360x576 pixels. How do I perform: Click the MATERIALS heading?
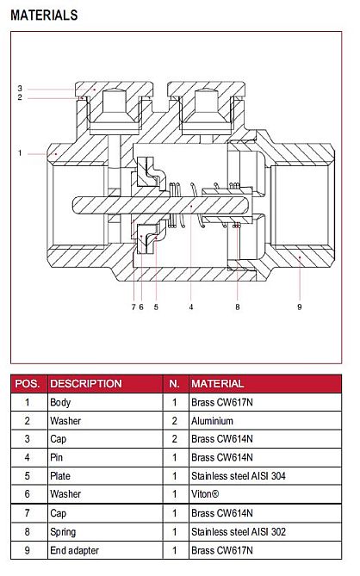click(44, 15)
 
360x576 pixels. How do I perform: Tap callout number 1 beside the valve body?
click(20, 153)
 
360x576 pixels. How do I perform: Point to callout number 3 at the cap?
click(20, 88)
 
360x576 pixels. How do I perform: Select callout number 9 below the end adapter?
click(300, 307)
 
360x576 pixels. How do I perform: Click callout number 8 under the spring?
click(238, 307)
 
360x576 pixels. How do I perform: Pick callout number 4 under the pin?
click(191, 307)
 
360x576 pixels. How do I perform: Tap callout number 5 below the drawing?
click(156, 307)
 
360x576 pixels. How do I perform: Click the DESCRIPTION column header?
click(86, 383)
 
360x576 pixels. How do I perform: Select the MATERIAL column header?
click(218, 383)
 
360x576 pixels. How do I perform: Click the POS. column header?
click(28, 383)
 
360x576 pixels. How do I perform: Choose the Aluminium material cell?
click(213, 421)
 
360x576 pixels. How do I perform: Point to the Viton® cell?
click(205, 494)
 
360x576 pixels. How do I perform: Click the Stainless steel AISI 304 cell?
click(239, 476)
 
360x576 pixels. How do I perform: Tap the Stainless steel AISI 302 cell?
click(239, 531)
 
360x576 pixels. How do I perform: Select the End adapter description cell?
click(75, 550)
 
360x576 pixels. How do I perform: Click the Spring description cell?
click(63, 532)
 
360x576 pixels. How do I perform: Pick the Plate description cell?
click(60, 476)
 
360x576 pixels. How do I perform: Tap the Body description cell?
click(60, 403)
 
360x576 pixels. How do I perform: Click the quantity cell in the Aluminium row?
click(175, 421)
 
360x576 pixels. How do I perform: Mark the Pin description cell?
click(57, 457)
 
